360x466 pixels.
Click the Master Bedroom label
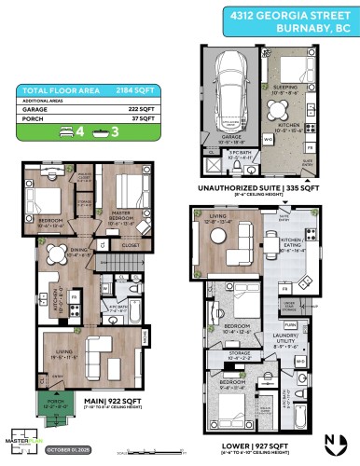(122, 219)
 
